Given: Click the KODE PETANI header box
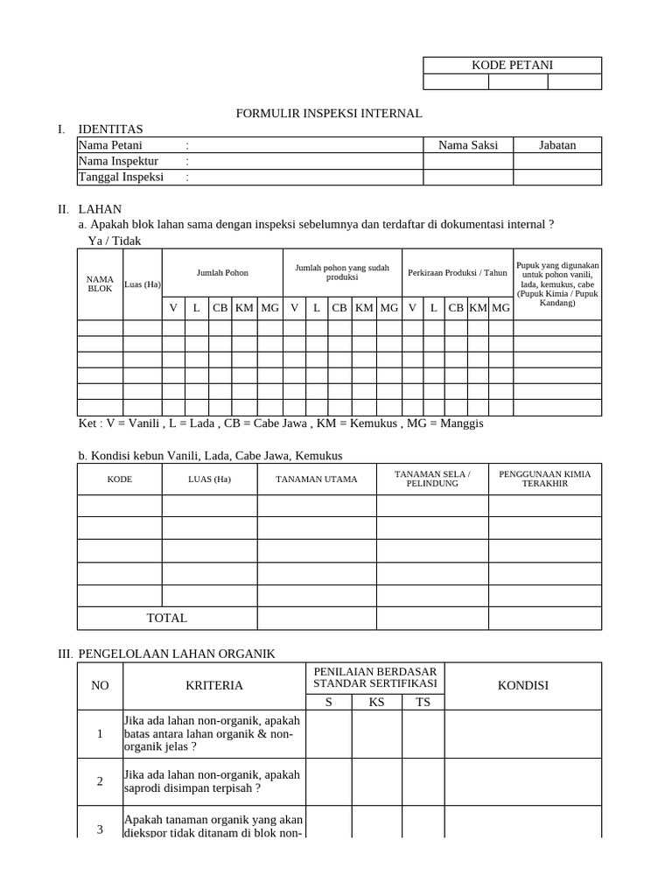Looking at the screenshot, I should coord(512,65).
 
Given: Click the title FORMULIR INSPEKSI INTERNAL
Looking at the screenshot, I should coord(330,114).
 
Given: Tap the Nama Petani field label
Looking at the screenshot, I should coord(110,145).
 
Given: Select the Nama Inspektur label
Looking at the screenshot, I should coord(118,161).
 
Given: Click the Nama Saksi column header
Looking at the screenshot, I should coord(468,145).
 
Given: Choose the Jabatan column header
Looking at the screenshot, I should coord(557,145).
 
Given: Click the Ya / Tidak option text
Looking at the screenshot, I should coord(115,241).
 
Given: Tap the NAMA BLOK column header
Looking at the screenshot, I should coord(100,283).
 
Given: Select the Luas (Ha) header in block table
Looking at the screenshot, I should coord(142,283).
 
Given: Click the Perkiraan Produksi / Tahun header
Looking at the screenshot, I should coord(458,273).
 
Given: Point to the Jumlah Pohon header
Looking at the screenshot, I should coord(222,273).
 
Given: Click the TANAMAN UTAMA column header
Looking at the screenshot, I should coord(317,479).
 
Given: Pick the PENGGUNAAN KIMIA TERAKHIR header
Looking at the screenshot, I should coord(544,479).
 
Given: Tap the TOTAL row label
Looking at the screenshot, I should coord(167,618).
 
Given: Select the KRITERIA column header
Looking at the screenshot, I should coord(214,685).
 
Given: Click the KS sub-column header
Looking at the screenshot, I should coord(377,702).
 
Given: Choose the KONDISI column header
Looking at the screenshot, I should coord(523,685).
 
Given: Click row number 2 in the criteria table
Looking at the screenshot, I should coord(100,781).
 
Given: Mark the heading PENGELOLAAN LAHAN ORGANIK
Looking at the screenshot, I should coord(177,654).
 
